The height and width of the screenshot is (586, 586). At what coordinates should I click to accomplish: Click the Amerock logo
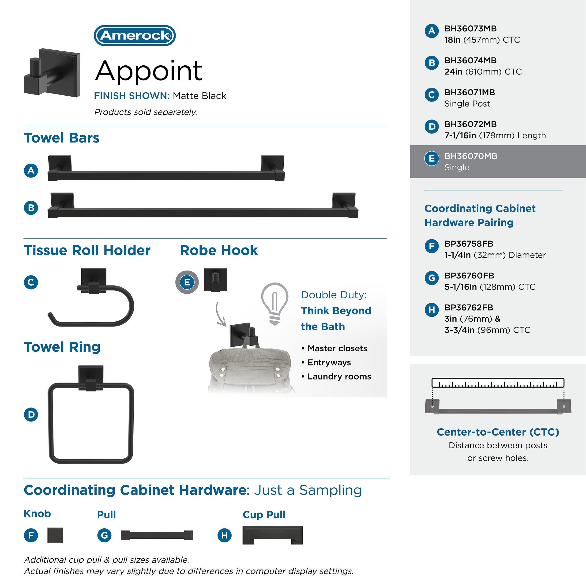click(135, 35)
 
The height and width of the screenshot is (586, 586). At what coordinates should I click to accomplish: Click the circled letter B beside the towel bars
click(31, 208)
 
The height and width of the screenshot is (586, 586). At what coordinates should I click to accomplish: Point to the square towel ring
click(91, 419)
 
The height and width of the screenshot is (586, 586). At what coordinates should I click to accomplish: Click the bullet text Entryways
click(329, 362)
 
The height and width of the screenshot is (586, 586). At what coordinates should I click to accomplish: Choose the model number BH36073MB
click(470, 29)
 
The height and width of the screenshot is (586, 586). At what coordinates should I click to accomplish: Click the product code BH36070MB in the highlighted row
click(471, 156)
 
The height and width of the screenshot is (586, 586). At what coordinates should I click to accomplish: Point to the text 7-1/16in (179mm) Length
click(495, 135)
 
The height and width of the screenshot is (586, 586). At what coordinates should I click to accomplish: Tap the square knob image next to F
click(55, 535)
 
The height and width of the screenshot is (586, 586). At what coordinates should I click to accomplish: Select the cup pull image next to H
click(272, 535)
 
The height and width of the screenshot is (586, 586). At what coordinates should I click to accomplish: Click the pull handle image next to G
click(157, 535)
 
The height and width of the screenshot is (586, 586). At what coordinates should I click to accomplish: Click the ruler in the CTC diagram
click(498, 383)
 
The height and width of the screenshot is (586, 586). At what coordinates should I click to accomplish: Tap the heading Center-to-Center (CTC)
click(498, 432)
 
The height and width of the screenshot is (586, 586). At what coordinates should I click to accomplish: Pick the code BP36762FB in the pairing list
click(469, 308)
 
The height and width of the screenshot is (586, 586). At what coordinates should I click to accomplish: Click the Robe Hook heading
click(219, 251)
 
